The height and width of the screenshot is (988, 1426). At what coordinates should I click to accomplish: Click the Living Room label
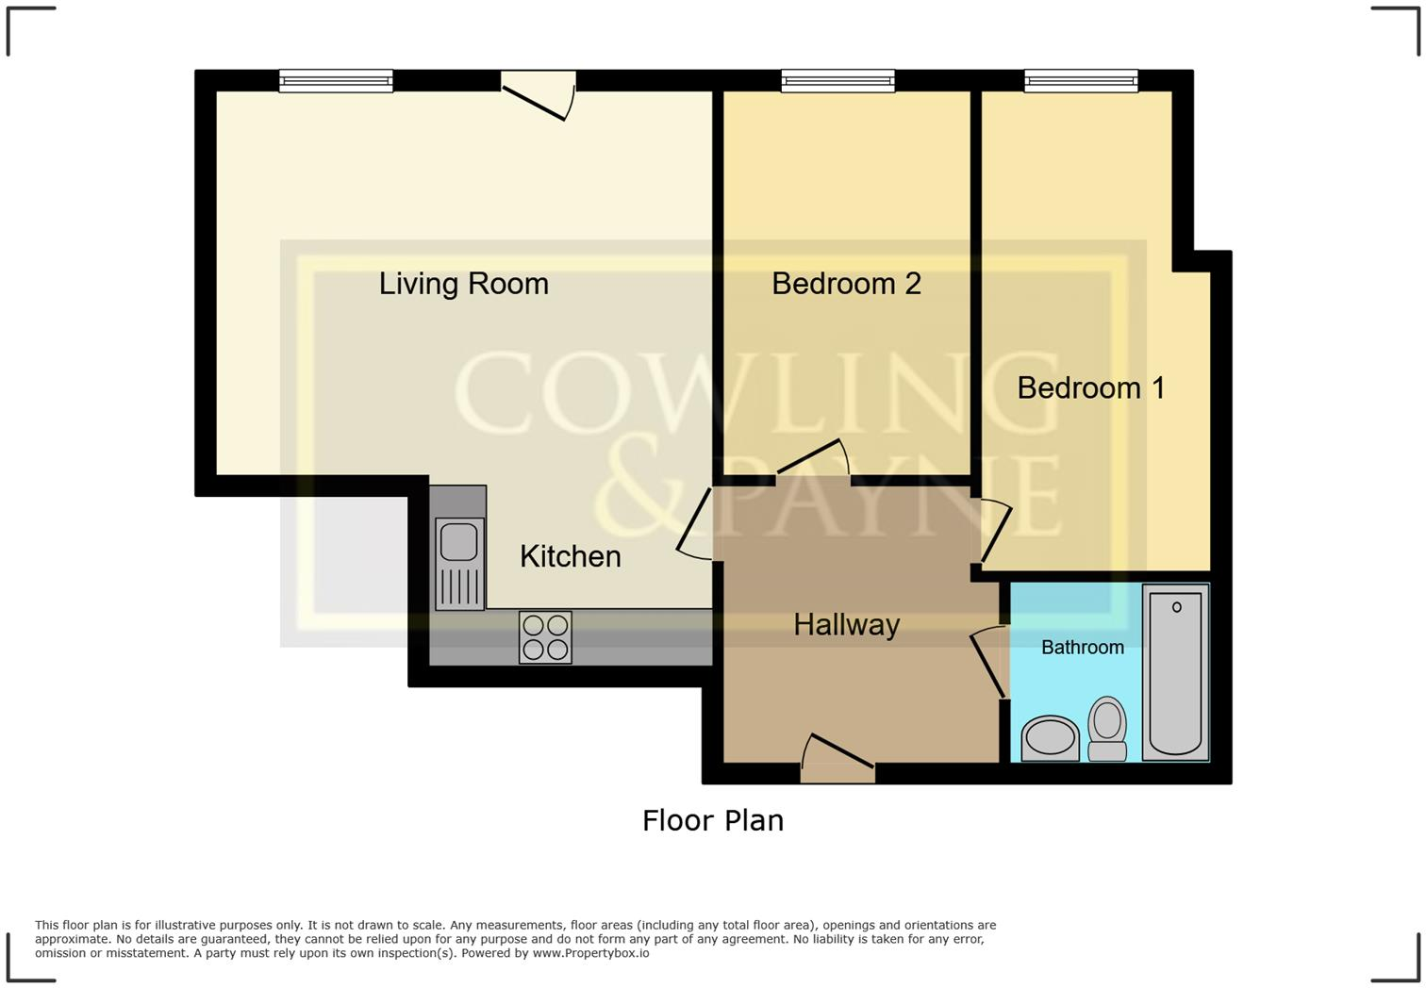coord(463,284)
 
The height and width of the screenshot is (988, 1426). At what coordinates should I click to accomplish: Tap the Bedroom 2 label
coord(846,284)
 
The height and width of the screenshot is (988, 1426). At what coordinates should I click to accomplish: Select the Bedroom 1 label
coord(1090,387)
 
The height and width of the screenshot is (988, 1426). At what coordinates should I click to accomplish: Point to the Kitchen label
coord(570,556)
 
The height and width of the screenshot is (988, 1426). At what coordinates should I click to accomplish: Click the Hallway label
coord(846,624)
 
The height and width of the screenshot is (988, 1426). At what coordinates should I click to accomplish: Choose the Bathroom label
coord(1082,648)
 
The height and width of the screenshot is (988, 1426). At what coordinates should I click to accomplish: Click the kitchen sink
coord(458,562)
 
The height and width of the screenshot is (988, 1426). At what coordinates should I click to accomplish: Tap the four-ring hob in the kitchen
coord(545,637)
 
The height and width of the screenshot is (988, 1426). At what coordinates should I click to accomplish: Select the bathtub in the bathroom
coord(1175,671)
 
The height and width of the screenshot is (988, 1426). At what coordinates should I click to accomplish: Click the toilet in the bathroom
coord(1107,729)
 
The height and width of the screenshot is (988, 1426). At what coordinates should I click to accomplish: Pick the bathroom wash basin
coord(1050,738)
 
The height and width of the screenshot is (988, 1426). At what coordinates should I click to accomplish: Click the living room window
coord(336,82)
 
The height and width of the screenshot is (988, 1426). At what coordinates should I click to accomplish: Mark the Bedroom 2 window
coord(837,82)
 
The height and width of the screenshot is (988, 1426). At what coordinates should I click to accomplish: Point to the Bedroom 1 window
coord(1081,82)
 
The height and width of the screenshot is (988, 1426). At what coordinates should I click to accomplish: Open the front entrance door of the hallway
coord(837,758)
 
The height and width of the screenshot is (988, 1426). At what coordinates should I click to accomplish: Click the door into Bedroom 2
coord(813,460)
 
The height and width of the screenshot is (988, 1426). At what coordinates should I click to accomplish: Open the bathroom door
coord(987,662)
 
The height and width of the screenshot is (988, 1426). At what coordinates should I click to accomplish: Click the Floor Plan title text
coord(712,820)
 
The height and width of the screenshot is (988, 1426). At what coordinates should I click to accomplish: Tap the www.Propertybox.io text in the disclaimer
coord(590,953)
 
